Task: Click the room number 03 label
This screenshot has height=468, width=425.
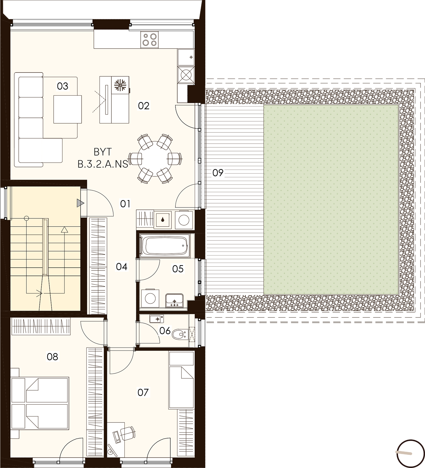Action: click(63, 86)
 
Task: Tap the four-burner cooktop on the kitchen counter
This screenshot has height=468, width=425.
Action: click(149, 40)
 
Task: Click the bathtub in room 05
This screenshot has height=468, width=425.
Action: click(165, 246)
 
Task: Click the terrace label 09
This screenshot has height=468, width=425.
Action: click(217, 173)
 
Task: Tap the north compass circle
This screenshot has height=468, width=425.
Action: click(411, 454)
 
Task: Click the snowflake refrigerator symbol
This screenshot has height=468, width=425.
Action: click(120, 85)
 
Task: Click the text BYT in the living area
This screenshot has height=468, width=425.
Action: click(103, 152)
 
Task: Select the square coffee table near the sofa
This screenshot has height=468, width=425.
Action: click(68, 109)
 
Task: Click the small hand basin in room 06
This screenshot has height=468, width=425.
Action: click(156, 319)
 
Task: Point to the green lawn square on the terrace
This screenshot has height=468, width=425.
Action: click(331, 199)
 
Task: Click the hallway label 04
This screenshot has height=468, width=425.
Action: click(122, 267)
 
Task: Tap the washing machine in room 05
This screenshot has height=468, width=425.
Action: click(150, 298)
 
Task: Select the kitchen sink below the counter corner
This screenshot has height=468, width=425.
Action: click(186, 57)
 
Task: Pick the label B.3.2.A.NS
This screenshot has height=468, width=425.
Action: click(103, 164)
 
